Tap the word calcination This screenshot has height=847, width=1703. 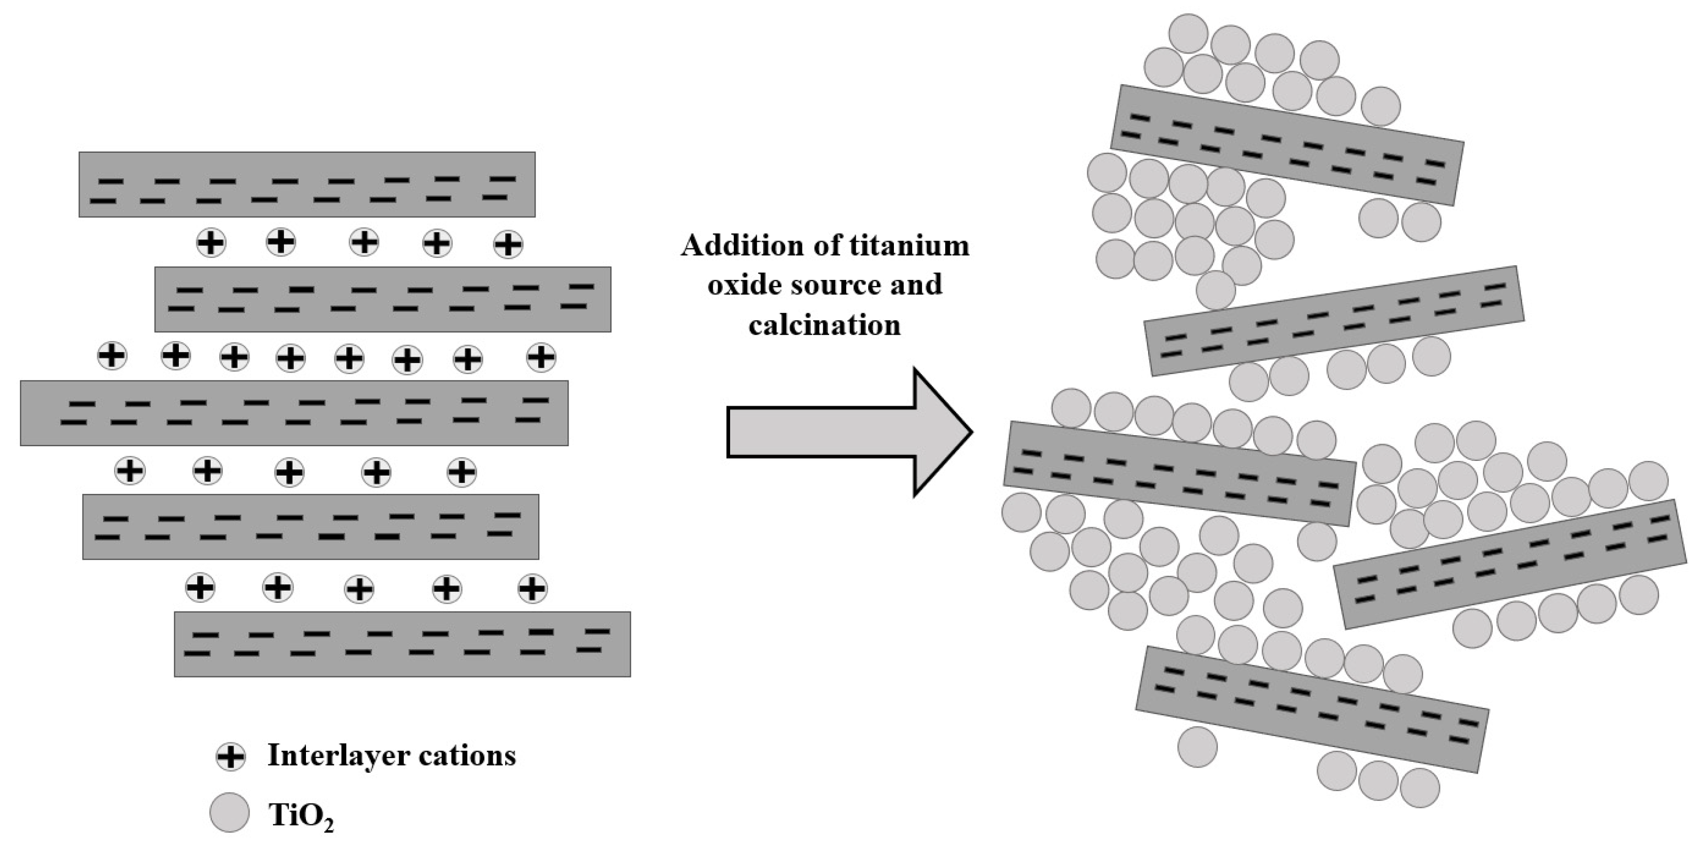[x=824, y=325]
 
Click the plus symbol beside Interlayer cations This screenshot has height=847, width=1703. [x=231, y=756]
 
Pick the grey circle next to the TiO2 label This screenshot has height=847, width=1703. [x=230, y=812]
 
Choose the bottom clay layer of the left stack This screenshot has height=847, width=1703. [x=402, y=644]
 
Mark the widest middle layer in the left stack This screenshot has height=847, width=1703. [x=294, y=413]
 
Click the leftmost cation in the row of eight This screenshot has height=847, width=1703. [x=112, y=356]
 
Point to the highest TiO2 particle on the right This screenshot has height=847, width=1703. [x=1189, y=33]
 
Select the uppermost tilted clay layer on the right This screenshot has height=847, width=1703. [x=1287, y=145]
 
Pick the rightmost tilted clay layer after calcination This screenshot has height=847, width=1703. [x=1510, y=563]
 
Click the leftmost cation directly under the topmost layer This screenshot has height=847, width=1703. [x=211, y=243]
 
